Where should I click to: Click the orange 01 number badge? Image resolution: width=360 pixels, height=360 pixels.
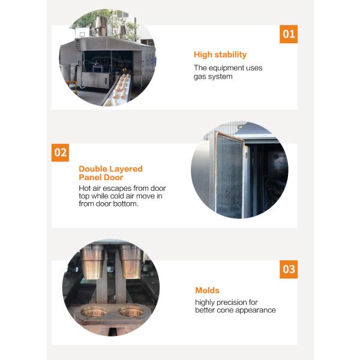(289, 34)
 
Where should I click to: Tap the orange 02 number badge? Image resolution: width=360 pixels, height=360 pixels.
(60, 152)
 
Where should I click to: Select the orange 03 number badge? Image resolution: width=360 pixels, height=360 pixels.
(289, 269)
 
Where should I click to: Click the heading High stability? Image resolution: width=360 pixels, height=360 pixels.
(220, 55)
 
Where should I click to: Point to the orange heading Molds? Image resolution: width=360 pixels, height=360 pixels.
(207, 290)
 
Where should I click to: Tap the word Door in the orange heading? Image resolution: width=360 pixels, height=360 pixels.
(113, 177)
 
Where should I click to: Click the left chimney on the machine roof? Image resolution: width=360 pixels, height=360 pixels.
(101, 26)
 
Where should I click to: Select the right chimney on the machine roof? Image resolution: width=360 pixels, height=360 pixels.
(122, 32)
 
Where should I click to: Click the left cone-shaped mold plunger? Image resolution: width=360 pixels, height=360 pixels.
(92, 262)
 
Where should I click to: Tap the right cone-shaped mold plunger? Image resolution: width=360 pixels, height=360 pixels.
(131, 262)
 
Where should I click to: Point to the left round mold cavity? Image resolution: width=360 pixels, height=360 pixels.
(94, 312)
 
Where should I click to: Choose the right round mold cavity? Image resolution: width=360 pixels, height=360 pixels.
(131, 312)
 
